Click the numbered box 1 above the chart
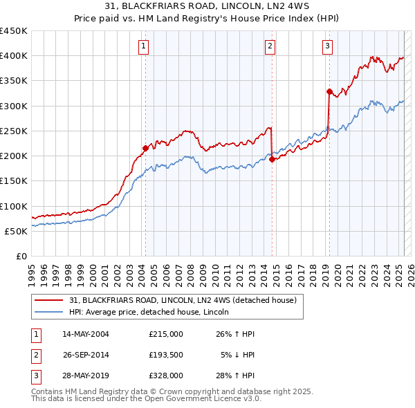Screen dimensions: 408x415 coord(143,46)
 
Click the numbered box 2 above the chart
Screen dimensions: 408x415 coord(270,46)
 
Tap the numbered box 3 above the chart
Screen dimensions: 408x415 coord(326,46)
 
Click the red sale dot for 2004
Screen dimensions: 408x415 coord(145,147)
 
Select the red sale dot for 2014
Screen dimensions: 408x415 coord(272,158)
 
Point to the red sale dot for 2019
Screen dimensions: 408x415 coord(329,91)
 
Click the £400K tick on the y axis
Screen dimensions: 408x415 coord(14,56)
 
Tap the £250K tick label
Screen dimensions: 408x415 coord(14,131)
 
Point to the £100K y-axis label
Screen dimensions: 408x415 coord(14,206)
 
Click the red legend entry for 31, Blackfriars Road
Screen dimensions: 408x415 coord(183,300)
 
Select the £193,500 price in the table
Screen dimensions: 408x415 coord(166,355)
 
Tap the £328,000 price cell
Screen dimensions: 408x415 coord(166,375)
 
